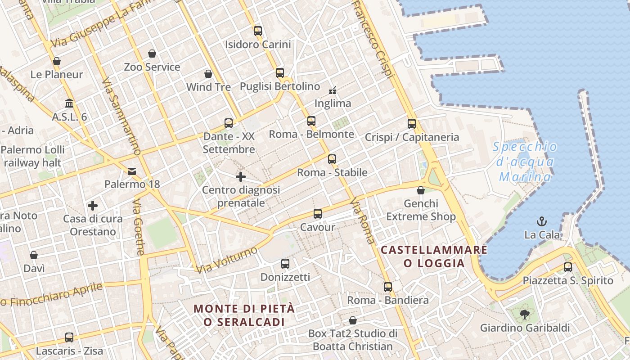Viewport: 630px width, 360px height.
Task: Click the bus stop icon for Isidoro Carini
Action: (x=257, y=31)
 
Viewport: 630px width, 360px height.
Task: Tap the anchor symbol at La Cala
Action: (x=542, y=221)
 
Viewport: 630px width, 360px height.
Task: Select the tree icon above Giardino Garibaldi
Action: (x=524, y=314)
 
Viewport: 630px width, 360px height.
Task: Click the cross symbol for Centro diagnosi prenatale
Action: (x=241, y=177)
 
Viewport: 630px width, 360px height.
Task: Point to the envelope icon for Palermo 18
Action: (x=132, y=171)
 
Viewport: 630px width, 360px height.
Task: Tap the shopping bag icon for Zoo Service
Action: (x=152, y=54)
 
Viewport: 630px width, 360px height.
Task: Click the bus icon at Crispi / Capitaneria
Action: (x=412, y=124)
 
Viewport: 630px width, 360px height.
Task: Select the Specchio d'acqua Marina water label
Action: (x=525, y=162)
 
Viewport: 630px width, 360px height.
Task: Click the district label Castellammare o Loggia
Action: (x=434, y=256)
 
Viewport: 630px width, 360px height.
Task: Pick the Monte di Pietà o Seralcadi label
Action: (x=244, y=315)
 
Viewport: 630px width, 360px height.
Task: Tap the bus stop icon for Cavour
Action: (x=318, y=214)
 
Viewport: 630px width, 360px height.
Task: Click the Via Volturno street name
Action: (x=227, y=260)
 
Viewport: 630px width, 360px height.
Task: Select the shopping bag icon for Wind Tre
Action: (x=208, y=74)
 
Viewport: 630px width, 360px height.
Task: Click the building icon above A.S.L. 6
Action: (x=69, y=103)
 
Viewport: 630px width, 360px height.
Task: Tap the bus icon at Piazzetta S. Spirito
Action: (x=568, y=267)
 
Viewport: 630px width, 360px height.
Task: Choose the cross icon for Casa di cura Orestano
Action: (x=93, y=206)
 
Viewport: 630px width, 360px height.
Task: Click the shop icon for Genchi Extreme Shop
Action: (x=421, y=190)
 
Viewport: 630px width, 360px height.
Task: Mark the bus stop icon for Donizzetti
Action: (x=285, y=264)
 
